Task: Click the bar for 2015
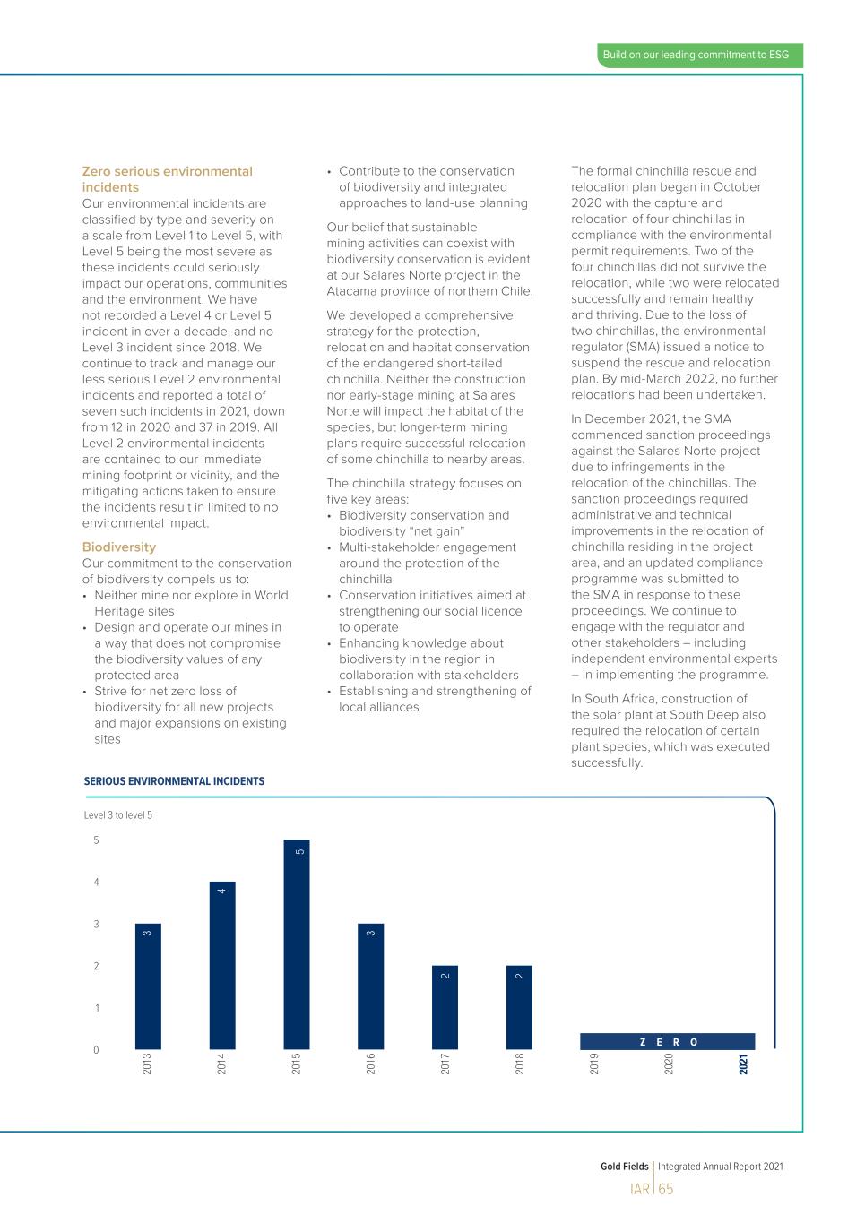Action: pos(297,945)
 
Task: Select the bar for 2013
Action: pos(148,986)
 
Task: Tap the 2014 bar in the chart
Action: pos(222,966)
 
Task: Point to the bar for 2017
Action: pos(445,1008)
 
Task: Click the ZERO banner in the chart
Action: pos(668,1042)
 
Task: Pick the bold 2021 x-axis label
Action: pos(743,1064)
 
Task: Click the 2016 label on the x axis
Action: pos(370,1064)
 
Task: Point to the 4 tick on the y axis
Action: pos(97,883)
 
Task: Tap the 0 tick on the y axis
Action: pos(97,1050)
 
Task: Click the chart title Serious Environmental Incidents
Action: pos(174,781)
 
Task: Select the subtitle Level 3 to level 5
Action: pos(118,815)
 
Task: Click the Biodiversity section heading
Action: pos(119,547)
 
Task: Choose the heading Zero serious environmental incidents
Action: pos(167,179)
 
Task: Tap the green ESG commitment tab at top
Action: pos(696,56)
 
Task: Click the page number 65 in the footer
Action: pos(665,1190)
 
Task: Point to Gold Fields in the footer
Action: pos(624,1167)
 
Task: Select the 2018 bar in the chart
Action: pos(519,1008)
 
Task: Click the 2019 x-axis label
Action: pos(593,1064)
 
